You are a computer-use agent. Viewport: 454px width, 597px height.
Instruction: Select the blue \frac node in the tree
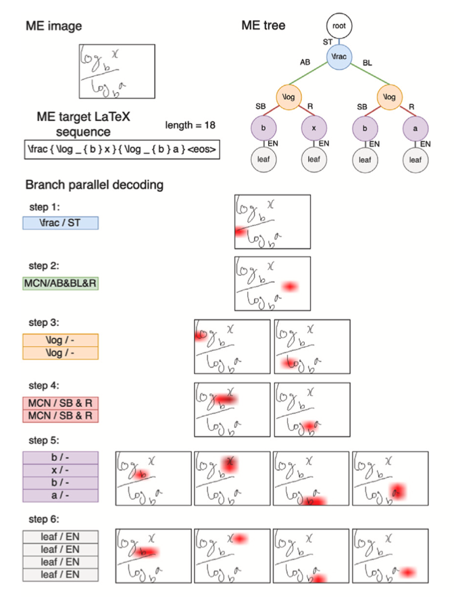pos(340,57)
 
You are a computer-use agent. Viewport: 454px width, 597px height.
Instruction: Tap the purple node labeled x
pos(314,127)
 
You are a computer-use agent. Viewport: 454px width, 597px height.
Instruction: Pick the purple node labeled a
pos(416,127)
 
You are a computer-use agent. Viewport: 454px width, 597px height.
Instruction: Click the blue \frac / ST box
pos(61,222)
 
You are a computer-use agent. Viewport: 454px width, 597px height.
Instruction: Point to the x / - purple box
pos(61,471)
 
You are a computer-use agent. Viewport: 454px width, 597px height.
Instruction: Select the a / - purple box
pos(61,496)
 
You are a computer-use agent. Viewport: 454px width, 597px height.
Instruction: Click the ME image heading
pos(53,26)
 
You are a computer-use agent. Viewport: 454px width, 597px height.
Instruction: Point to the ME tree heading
pos(263,26)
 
